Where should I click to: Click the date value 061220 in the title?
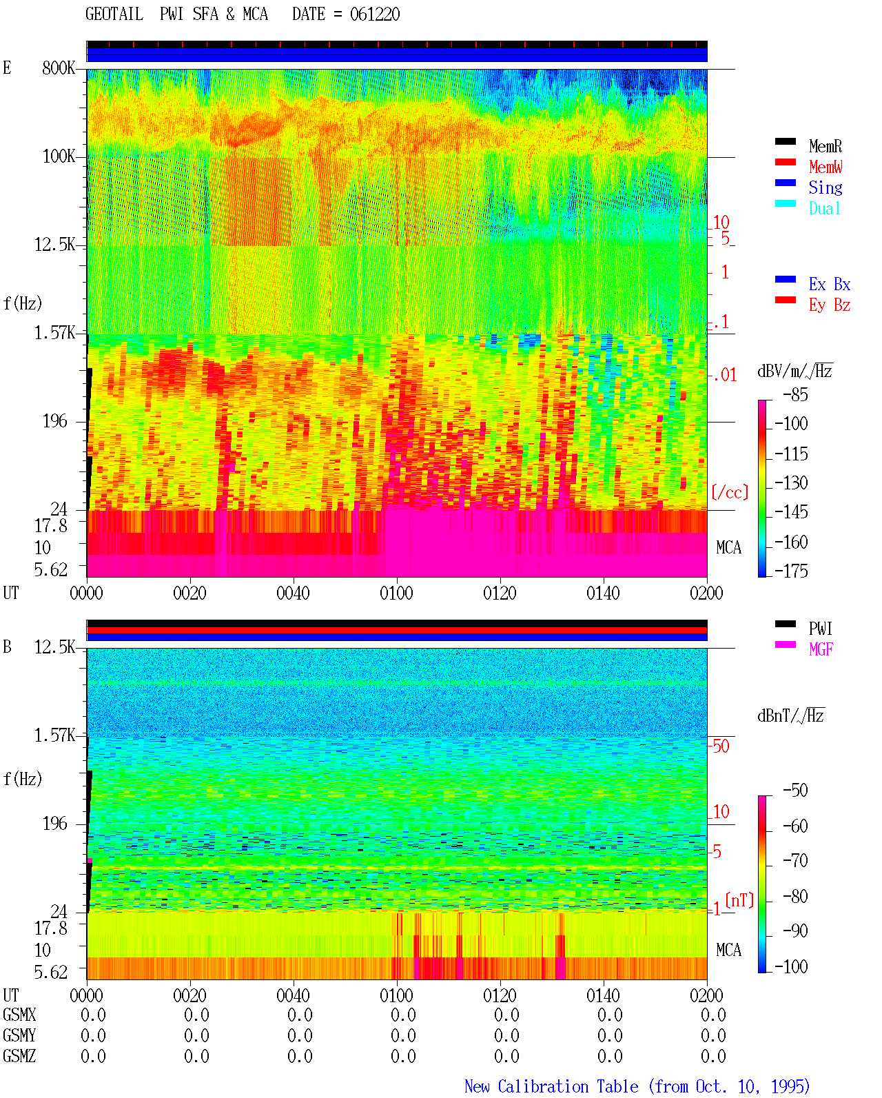point(374,14)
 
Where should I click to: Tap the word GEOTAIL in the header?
point(114,14)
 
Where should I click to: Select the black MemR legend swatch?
point(785,141)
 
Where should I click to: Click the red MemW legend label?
point(825,167)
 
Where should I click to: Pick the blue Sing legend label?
point(825,187)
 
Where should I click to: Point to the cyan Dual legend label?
point(824,208)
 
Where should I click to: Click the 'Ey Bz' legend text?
point(830,305)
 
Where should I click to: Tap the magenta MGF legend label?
point(821,649)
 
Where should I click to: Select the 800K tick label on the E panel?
point(59,68)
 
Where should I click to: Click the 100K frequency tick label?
point(59,156)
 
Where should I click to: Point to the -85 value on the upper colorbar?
point(795,394)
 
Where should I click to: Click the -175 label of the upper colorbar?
point(791,571)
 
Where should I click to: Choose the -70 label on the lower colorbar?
point(795,861)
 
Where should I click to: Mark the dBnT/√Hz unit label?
point(790,715)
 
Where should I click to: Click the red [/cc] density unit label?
point(730,492)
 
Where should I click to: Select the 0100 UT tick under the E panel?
point(396,593)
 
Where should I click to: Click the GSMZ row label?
point(19,1056)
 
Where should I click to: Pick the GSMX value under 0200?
point(713,1015)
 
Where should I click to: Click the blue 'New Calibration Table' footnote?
point(551,1086)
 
